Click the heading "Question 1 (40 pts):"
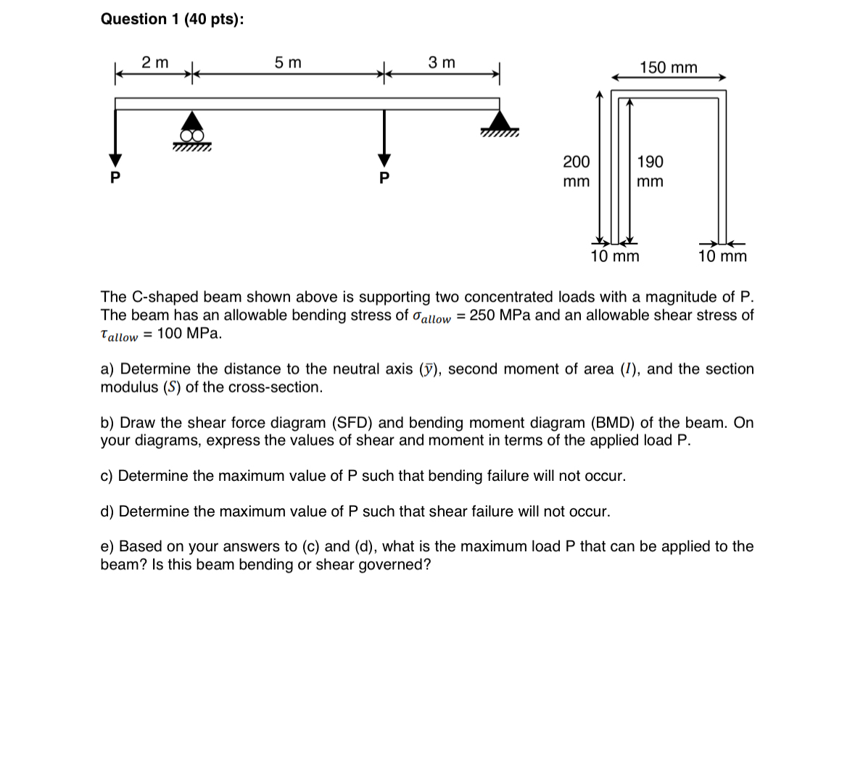pyautogui.click(x=172, y=20)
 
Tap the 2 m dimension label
pyautogui.click(x=154, y=63)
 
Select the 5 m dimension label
pyautogui.click(x=288, y=63)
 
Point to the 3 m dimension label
pyautogui.click(x=442, y=63)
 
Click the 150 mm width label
pyautogui.click(x=668, y=68)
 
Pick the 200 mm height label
pyautogui.click(x=577, y=171)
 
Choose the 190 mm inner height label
pyautogui.click(x=650, y=171)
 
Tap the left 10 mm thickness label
pyautogui.click(x=615, y=256)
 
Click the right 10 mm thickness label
pyautogui.click(x=722, y=256)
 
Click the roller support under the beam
pyautogui.click(x=191, y=129)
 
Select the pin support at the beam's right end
pyautogui.click(x=499, y=122)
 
